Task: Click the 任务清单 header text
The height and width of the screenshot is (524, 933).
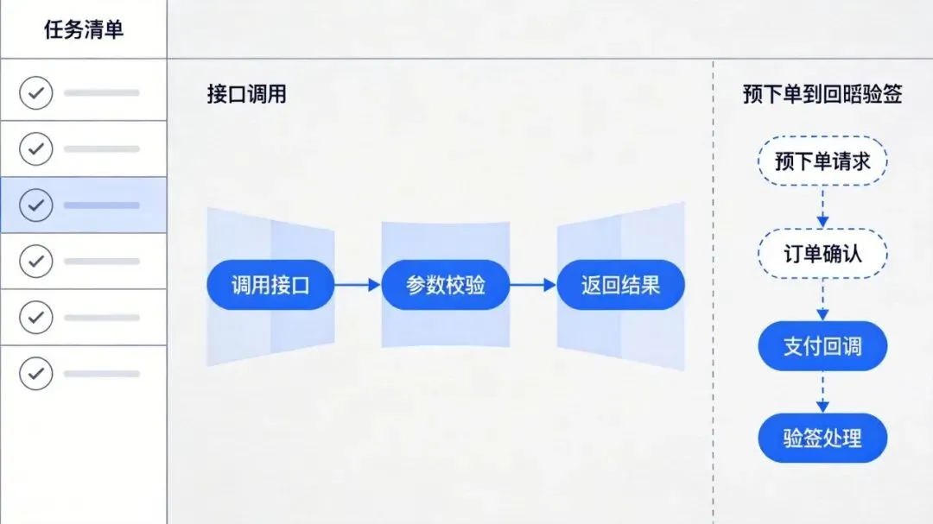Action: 83,29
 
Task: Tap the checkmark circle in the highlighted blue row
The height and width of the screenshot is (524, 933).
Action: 35,205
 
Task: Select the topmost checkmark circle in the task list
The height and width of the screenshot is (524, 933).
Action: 35,92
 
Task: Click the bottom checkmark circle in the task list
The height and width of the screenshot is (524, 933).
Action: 35,373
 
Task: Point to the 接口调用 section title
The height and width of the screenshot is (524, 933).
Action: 246,94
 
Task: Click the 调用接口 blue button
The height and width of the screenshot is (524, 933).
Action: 270,285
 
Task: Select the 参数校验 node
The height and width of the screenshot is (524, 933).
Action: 445,285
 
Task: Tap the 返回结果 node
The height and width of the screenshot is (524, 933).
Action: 620,285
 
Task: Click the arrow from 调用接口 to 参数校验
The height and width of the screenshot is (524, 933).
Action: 358,285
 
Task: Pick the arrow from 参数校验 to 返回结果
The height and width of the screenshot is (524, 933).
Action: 533,285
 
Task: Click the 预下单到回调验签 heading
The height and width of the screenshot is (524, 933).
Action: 822,94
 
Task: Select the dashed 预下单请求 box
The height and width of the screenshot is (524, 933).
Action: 822,161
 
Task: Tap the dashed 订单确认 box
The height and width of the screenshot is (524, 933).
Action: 822,254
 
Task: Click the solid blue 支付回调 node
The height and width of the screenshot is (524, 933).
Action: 822,346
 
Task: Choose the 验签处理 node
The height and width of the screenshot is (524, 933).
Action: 822,438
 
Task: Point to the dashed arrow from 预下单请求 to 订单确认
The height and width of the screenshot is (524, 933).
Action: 822,207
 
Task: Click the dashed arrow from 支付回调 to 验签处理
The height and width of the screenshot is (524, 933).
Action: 822,392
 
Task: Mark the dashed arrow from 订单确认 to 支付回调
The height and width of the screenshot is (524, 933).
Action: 822,300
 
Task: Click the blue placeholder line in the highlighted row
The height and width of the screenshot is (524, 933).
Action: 101,205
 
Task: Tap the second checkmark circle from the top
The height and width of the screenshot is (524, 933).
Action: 35,148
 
